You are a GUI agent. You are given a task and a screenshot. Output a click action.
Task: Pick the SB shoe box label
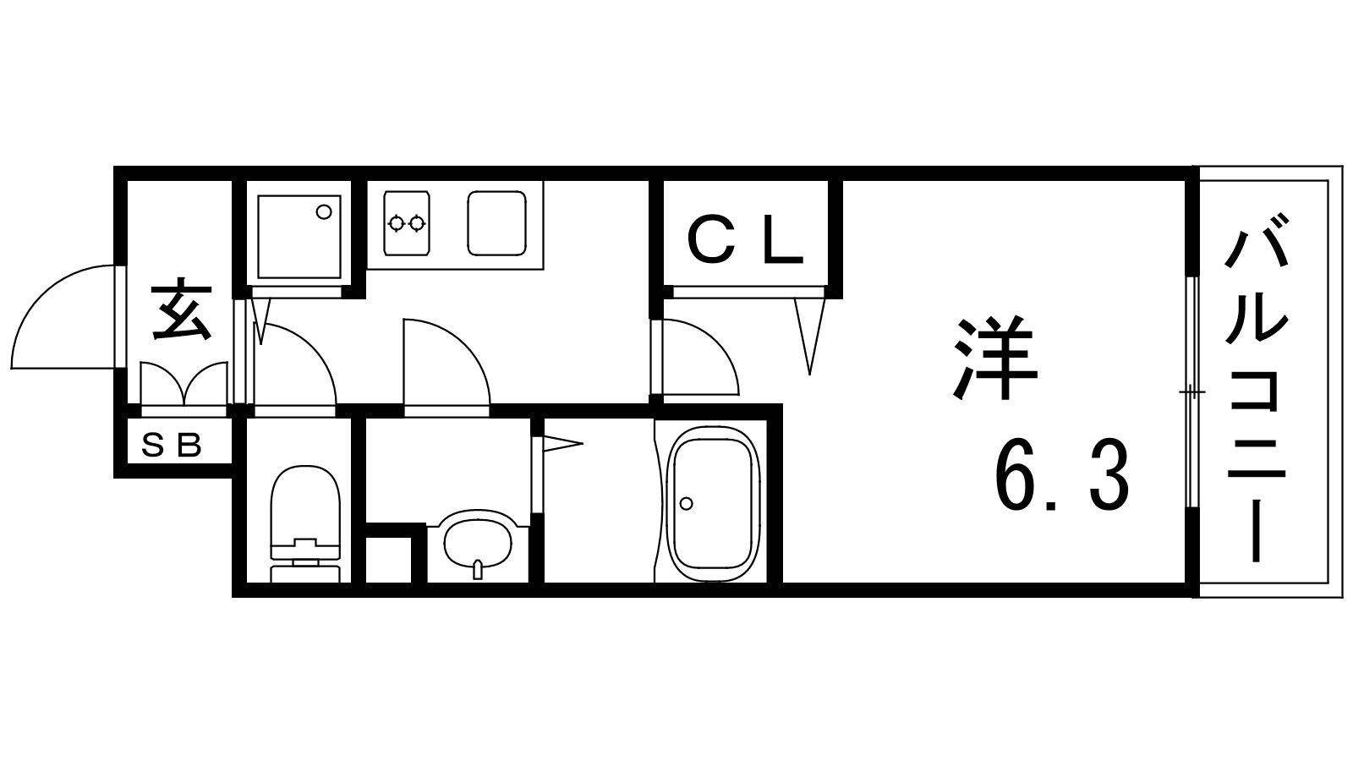pos(171,446)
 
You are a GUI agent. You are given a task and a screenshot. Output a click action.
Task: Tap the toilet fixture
pos(305,523)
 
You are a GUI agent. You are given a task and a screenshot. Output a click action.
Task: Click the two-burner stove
pos(406,223)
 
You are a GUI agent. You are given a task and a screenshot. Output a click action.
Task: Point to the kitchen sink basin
pos(496,223)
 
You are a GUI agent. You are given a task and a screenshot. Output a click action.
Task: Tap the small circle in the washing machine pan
pos(325,212)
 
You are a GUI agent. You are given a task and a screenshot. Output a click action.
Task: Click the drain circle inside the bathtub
pos(686,503)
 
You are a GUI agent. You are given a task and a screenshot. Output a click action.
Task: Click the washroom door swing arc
pos(465,344)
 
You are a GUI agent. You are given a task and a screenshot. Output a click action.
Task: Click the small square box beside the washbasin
pos(388,560)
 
